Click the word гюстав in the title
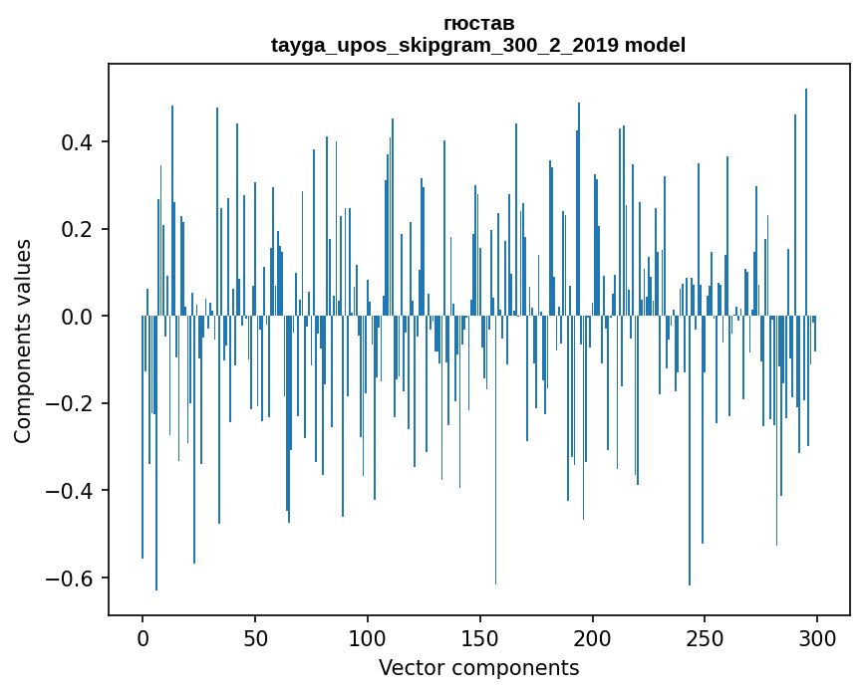(x=478, y=23)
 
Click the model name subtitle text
(x=478, y=45)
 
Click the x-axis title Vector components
(x=478, y=667)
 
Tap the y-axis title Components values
(x=22, y=341)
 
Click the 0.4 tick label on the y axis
(x=77, y=141)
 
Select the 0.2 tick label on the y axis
(x=77, y=229)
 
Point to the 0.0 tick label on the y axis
(x=77, y=317)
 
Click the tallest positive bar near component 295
(x=806, y=199)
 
